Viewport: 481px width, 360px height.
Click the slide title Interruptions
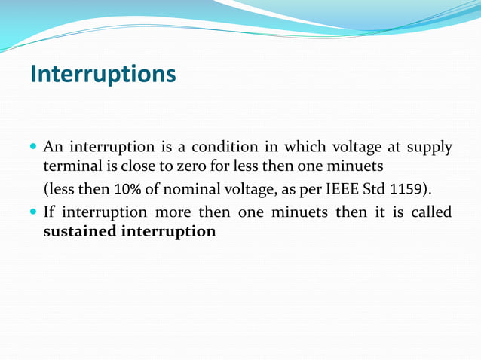[x=103, y=74]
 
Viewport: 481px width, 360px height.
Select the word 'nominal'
[x=185, y=188]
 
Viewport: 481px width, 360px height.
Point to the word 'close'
[x=137, y=164]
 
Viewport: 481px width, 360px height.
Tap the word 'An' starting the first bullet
[x=53, y=145]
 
